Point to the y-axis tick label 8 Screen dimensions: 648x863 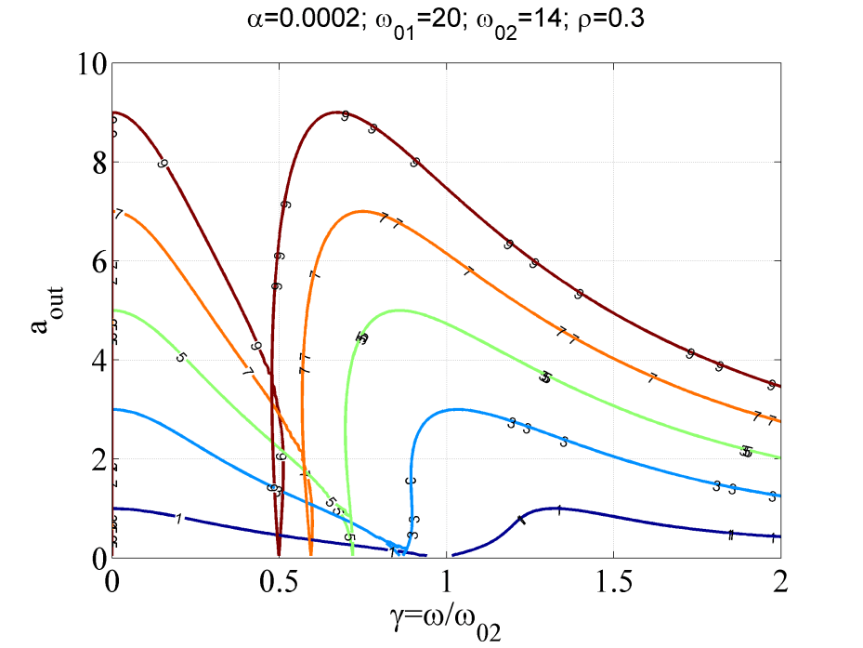pos(95,162)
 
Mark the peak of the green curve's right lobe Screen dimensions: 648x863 pos(398,311)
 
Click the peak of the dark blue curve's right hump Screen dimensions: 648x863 pos(556,508)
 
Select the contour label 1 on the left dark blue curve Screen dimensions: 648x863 pos(177,518)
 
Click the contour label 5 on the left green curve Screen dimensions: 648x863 pos(180,357)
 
